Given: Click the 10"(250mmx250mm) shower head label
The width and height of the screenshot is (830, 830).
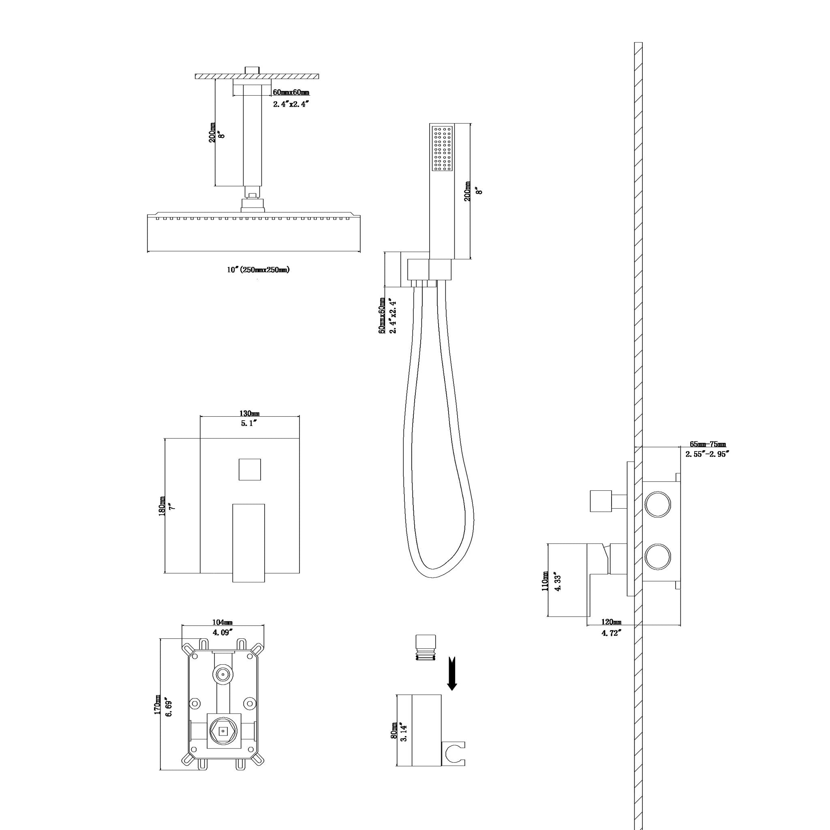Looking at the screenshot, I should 259,270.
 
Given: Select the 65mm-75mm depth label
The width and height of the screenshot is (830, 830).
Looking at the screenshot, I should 708,444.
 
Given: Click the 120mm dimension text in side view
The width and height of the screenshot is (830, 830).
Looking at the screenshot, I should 611,622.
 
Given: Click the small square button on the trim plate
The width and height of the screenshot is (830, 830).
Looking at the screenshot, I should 250,469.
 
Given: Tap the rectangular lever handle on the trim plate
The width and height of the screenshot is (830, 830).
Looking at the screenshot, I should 249,543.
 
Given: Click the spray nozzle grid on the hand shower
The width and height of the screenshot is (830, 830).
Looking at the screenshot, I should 443,148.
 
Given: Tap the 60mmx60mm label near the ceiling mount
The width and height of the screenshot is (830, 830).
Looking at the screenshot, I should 291,92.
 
